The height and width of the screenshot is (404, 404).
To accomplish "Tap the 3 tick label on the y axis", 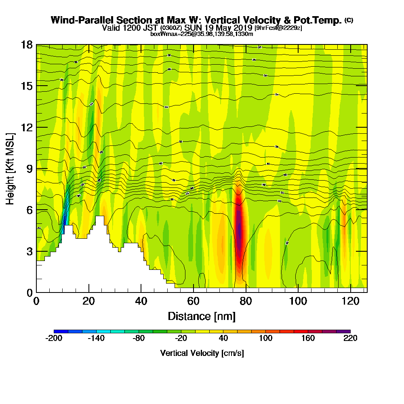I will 29,251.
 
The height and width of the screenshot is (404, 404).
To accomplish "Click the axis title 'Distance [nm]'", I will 202,316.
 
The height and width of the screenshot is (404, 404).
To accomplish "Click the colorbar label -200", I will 54,338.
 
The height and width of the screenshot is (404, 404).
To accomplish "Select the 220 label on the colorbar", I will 350,338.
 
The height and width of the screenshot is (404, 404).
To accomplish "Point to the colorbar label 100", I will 265,338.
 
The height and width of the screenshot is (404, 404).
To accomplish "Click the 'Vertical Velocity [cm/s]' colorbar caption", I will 202,353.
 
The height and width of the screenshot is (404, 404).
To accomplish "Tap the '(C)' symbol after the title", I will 349,20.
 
